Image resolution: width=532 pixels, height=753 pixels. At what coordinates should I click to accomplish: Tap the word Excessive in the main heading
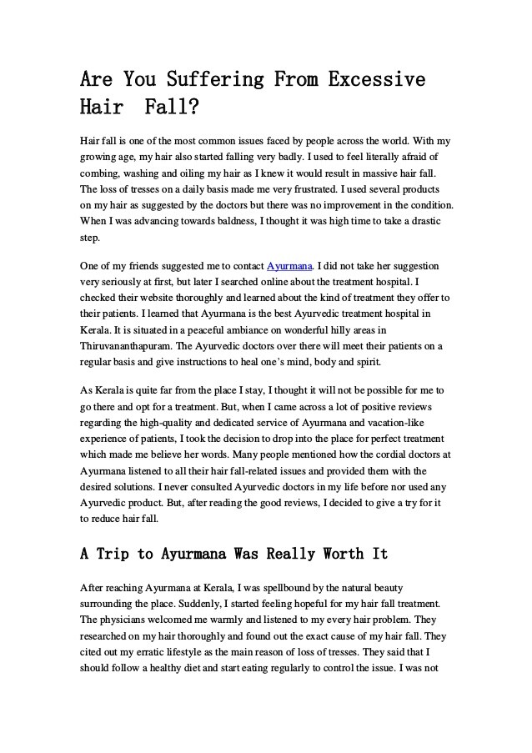377,80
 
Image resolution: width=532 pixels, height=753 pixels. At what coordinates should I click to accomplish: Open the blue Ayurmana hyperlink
289,266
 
